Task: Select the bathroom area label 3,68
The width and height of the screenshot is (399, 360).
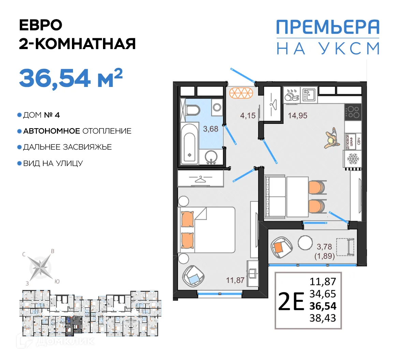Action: (210, 129)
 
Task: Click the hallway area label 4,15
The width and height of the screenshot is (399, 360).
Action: (248, 116)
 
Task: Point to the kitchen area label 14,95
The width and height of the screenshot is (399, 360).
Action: (297, 116)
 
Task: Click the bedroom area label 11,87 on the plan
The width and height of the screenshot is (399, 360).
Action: (235, 280)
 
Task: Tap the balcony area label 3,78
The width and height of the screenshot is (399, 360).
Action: (324, 246)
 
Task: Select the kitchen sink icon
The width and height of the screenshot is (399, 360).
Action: (309, 94)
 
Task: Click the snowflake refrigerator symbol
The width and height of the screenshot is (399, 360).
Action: (352, 159)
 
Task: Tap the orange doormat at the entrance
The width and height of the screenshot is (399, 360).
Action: (242, 92)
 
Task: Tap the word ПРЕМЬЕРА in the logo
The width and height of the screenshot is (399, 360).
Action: (327, 27)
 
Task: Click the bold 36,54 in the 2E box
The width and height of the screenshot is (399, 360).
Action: (323, 306)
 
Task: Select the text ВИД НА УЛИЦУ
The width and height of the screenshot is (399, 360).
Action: (53, 163)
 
